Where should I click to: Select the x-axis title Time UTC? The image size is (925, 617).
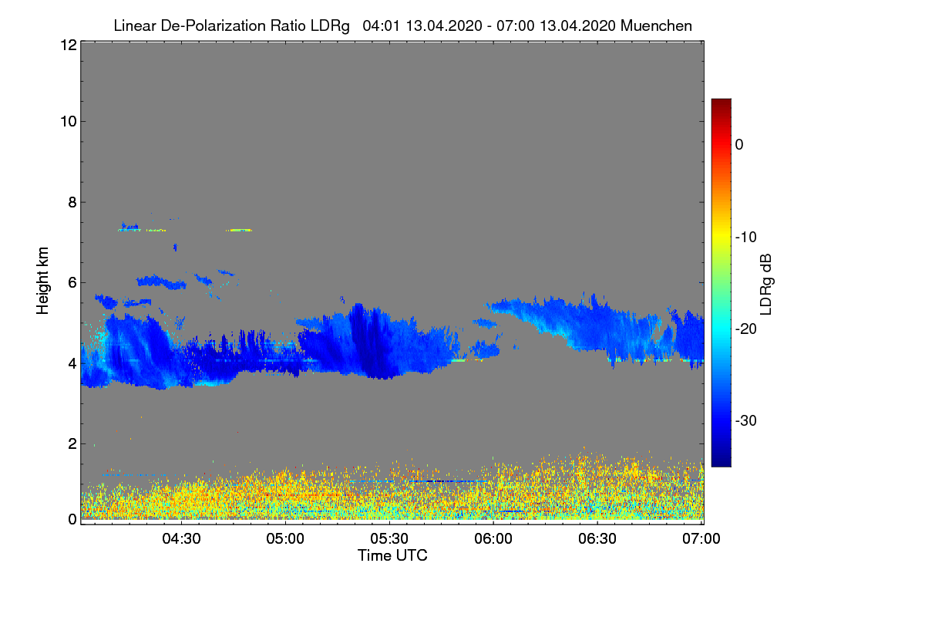point(392,555)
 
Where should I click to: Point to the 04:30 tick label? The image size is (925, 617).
point(180,538)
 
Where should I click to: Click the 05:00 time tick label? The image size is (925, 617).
point(285,538)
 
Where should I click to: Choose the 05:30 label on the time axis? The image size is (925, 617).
point(389,538)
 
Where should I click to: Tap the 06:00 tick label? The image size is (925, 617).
point(493,538)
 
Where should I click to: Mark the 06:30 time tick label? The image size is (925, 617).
point(597,538)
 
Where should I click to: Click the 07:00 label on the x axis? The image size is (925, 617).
point(701,538)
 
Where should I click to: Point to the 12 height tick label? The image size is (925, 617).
point(67,45)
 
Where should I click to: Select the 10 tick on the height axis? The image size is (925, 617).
point(67,121)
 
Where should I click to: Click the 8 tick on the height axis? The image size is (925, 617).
point(72,202)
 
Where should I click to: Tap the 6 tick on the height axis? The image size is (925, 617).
point(72,283)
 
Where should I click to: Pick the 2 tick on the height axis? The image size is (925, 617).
point(72,443)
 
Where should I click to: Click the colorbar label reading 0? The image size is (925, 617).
point(739,145)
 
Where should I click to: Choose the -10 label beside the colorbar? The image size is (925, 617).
point(745,237)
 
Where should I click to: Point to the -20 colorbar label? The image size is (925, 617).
point(745,329)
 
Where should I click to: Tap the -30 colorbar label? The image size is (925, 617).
point(745,421)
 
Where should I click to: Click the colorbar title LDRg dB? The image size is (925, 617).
point(766,282)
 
